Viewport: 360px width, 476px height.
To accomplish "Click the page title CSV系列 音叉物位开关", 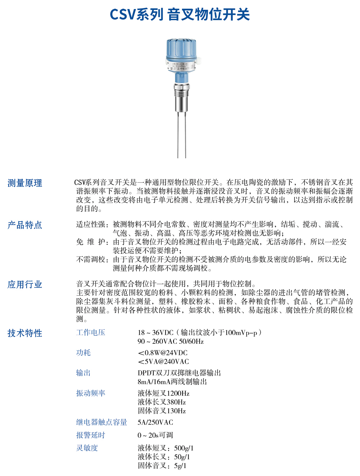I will (180, 15).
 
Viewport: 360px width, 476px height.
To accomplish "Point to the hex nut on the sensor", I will (181, 87).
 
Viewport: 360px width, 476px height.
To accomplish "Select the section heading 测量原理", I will (25, 183).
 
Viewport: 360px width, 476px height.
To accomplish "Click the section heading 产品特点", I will (25, 225).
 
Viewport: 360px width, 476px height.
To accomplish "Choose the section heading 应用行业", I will (25, 285).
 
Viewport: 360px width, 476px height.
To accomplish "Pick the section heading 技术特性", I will (25, 333).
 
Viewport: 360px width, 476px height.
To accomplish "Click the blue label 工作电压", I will (91, 333).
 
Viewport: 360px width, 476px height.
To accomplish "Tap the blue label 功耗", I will (83, 353).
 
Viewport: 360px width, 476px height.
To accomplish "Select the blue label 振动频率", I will (91, 393).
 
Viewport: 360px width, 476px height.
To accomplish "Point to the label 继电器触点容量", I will (102, 422).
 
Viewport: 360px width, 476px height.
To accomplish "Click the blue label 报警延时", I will (91, 435).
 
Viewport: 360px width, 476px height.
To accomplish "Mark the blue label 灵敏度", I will (87, 448).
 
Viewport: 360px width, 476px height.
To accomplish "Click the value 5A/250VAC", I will (155, 422).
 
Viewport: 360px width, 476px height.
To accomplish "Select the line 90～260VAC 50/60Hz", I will (170, 341).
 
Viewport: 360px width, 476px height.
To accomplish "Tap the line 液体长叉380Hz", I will (162, 402).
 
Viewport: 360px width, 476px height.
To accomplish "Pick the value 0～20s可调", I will (155, 435).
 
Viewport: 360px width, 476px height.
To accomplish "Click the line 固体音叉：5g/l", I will (162, 466).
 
